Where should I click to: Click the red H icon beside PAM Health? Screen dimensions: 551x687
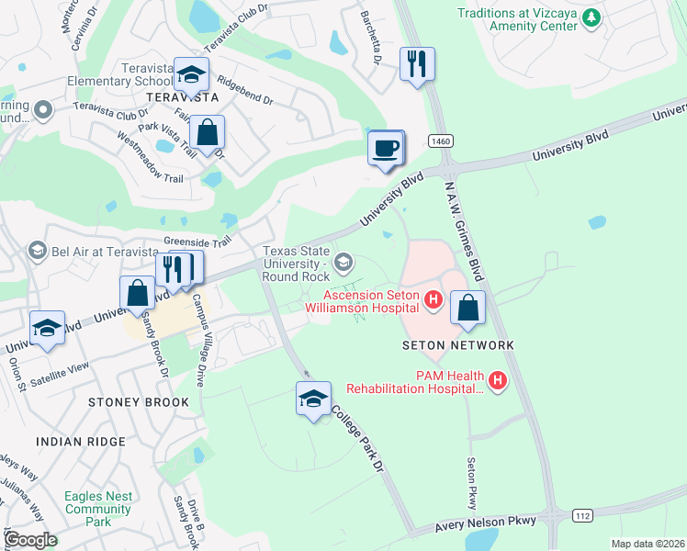pos(498,379)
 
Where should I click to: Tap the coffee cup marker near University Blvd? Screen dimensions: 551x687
pos(385,148)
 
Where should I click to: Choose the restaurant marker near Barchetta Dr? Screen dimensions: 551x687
pos(417,63)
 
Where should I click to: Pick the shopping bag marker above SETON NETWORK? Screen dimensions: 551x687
pos(468,309)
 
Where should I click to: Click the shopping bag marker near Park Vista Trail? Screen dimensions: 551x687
pos(208,132)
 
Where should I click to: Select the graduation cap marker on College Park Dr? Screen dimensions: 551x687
pos(313,399)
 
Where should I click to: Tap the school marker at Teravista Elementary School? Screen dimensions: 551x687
pos(192,73)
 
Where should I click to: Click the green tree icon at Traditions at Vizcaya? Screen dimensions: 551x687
pos(593,17)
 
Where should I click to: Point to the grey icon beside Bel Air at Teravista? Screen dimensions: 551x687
pos(38,251)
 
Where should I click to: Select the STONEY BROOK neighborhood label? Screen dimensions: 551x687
pos(139,402)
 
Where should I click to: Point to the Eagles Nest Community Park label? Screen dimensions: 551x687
pos(98,509)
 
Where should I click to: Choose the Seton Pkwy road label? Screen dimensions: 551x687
pos(472,483)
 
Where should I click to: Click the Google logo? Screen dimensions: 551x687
pos(30,539)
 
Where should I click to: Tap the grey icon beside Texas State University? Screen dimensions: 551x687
pos(343,264)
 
